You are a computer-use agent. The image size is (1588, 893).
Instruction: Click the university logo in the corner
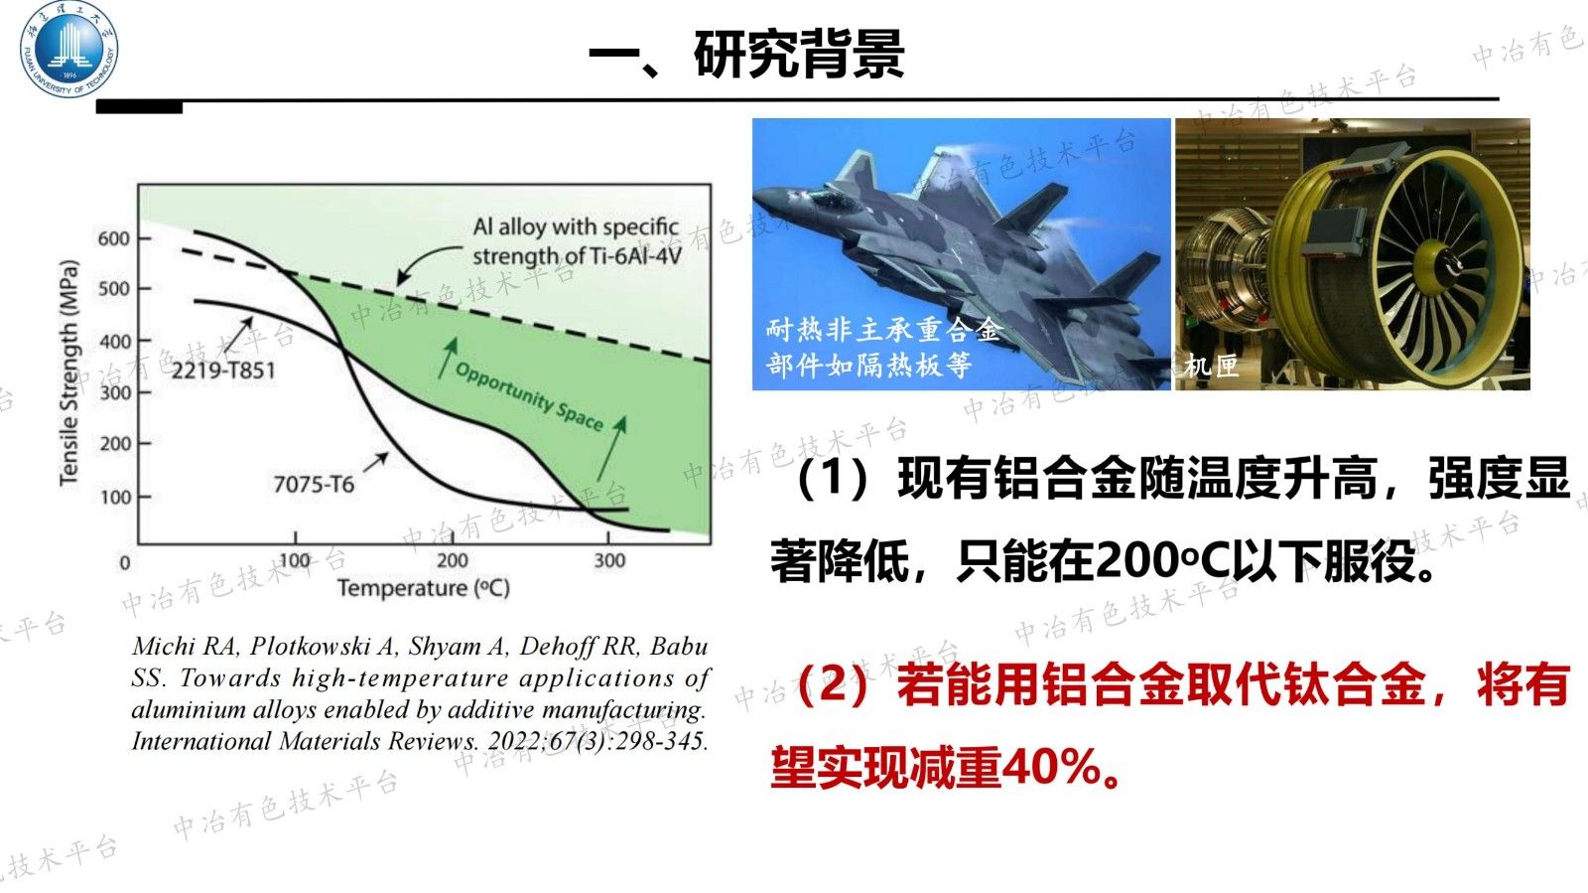pos(68,50)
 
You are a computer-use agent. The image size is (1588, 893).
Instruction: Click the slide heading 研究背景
pos(799,54)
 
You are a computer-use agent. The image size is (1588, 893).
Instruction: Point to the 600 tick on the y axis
pos(114,238)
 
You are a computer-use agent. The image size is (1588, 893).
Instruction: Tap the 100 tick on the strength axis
pos(115,496)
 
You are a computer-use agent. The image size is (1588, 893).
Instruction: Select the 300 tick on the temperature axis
pos(609,560)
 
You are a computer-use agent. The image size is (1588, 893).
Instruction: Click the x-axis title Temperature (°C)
pos(424,588)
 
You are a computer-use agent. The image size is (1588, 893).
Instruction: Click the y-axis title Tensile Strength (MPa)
pos(68,372)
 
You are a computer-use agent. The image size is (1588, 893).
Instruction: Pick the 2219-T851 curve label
pos(223,371)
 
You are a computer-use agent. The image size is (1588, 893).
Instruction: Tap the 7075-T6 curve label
pos(314,484)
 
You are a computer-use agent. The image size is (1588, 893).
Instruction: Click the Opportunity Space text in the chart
pos(529,395)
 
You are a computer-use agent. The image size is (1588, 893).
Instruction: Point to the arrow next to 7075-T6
pos(376,462)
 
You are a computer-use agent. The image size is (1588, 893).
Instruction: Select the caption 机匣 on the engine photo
pos(1211,366)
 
